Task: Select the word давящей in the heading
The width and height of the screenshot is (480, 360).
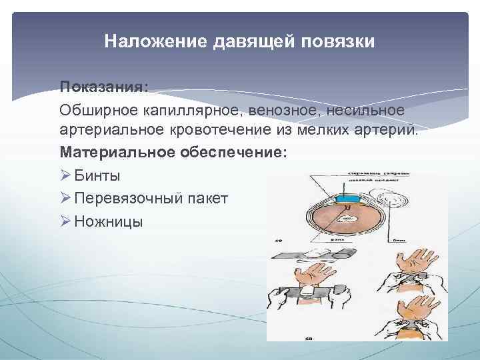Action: [x=249, y=42]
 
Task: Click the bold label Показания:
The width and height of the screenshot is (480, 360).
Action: [x=104, y=87]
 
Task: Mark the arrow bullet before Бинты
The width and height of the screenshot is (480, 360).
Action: [x=65, y=176]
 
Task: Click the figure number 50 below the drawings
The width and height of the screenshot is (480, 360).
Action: [x=308, y=338]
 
